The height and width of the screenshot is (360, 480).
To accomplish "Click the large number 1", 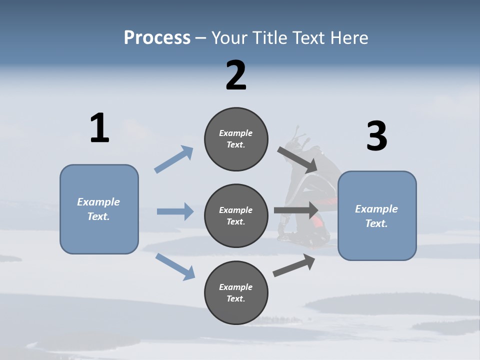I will (99, 128).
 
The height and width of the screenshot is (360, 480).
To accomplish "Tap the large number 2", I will (236, 75).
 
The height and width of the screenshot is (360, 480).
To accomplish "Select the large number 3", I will (377, 136).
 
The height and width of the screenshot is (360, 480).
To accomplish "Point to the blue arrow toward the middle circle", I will (175, 211).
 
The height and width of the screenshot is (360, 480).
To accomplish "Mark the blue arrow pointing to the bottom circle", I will (175, 266).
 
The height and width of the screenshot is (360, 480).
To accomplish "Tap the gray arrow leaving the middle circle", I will (296, 210).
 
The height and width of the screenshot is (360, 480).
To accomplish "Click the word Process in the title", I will (157, 37).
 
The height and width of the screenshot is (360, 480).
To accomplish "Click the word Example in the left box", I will (98, 202).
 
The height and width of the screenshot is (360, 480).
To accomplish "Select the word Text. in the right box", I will (376, 223).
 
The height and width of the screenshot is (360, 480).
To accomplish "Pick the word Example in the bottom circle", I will (235, 287).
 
